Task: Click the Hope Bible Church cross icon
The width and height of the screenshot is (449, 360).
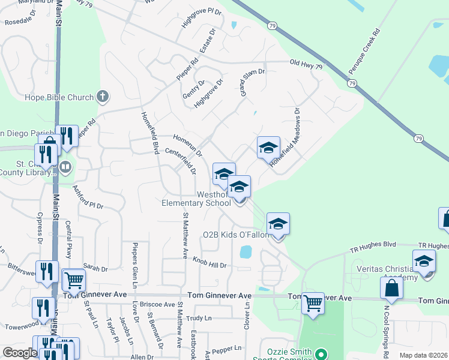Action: click(103, 97)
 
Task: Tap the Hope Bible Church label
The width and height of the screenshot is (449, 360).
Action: click(59, 97)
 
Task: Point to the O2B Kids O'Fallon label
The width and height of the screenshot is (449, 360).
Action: click(236, 235)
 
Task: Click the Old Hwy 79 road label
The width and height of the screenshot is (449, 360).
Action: click(306, 62)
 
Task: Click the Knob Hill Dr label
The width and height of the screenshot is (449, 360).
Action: click(209, 262)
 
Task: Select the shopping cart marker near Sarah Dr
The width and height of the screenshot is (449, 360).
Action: click(74, 280)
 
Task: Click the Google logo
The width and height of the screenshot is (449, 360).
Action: click(20, 353)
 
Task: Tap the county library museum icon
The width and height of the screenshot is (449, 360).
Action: click(65, 166)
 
